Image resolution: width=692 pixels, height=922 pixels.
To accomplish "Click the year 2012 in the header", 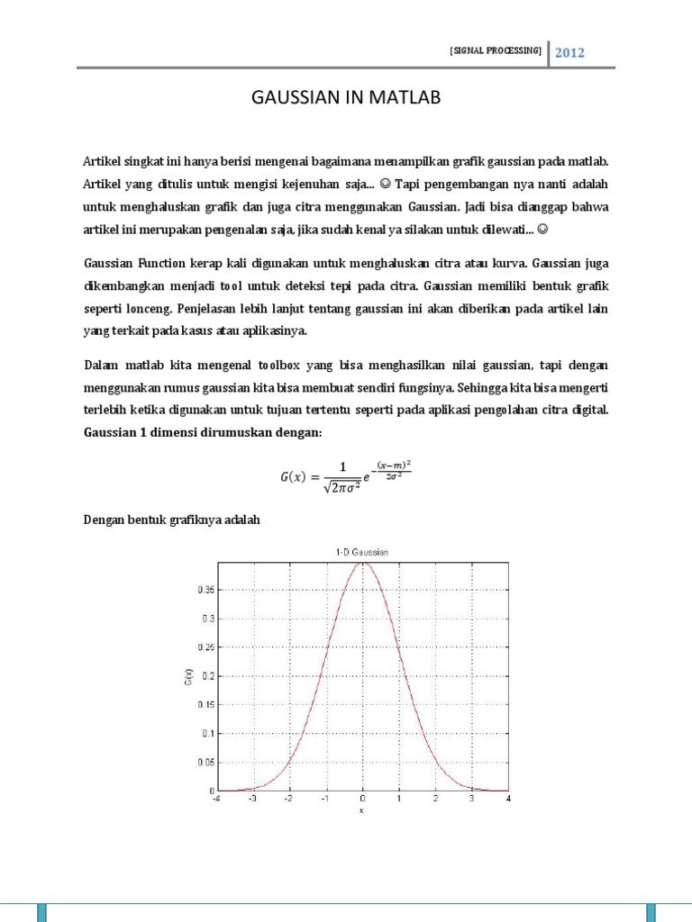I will [x=569, y=52].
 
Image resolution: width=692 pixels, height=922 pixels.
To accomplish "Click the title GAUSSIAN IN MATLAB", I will [x=345, y=97].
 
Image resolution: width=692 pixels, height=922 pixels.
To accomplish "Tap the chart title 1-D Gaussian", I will [x=362, y=553].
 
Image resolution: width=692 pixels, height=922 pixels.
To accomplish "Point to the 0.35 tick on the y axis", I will [x=207, y=590].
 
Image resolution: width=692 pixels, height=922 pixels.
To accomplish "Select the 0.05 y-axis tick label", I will [x=207, y=762].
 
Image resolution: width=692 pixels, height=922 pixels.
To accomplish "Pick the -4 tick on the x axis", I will [x=215, y=799].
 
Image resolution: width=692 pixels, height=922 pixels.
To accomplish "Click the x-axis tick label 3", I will [x=472, y=799].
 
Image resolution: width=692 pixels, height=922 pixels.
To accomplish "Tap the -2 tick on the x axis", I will [x=288, y=799].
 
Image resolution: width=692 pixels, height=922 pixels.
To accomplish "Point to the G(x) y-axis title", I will [x=187, y=676].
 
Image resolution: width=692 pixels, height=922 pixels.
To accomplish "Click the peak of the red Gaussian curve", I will [x=362, y=563].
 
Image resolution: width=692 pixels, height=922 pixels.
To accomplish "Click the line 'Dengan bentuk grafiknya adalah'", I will [x=171, y=519].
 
